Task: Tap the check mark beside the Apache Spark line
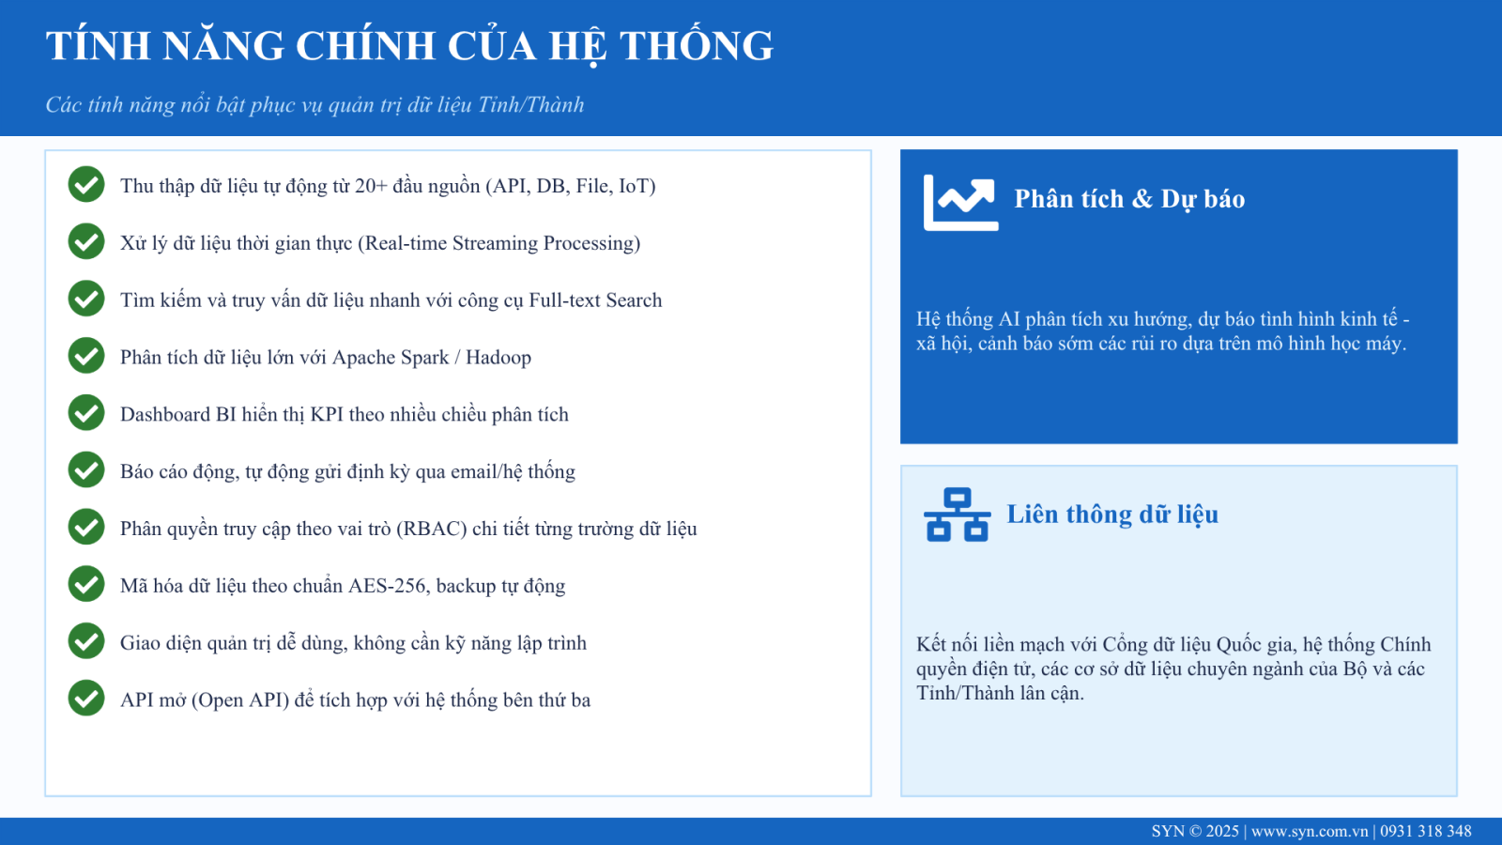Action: (x=85, y=356)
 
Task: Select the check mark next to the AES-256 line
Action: (x=85, y=584)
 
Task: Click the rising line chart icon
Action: (x=961, y=203)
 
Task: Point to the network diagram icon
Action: (x=957, y=515)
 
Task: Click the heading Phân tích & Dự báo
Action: (x=1129, y=199)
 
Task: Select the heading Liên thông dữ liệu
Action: (x=1112, y=515)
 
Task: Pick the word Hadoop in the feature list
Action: (x=498, y=358)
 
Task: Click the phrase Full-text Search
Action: (x=595, y=300)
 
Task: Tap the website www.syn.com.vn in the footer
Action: (x=1310, y=832)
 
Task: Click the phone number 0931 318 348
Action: (x=1426, y=832)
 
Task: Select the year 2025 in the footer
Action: (x=1222, y=832)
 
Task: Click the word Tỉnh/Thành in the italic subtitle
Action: (x=530, y=104)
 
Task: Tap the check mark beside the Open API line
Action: (x=85, y=699)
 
